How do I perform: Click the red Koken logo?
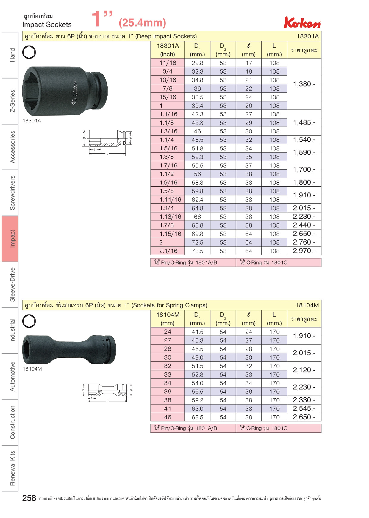pyautogui.click(x=302, y=22)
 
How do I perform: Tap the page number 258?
pyautogui.click(x=29, y=498)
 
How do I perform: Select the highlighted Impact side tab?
pyautogui.click(x=10, y=239)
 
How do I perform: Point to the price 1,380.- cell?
pyautogui.click(x=304, y=84)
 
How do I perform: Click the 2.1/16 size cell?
pyautogui.click(x=168, y=251)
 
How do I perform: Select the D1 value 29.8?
pyautogui.click(x=197, y=63)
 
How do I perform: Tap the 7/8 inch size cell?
pyautogui.click(x=168, y=88)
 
